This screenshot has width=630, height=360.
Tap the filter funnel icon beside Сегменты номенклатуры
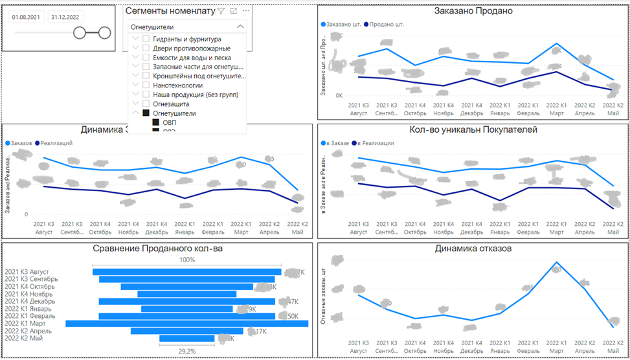(221, 11)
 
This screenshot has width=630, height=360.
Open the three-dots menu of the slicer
(245, 11)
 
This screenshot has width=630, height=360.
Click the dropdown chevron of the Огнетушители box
(240, 27)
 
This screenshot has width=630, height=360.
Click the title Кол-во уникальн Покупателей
(473, 129)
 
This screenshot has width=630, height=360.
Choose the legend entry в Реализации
(373, 143)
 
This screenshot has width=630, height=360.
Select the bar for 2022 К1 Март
(187, 323)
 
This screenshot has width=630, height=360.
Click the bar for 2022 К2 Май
(187, 338)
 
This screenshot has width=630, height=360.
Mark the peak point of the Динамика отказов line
(556, 263)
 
